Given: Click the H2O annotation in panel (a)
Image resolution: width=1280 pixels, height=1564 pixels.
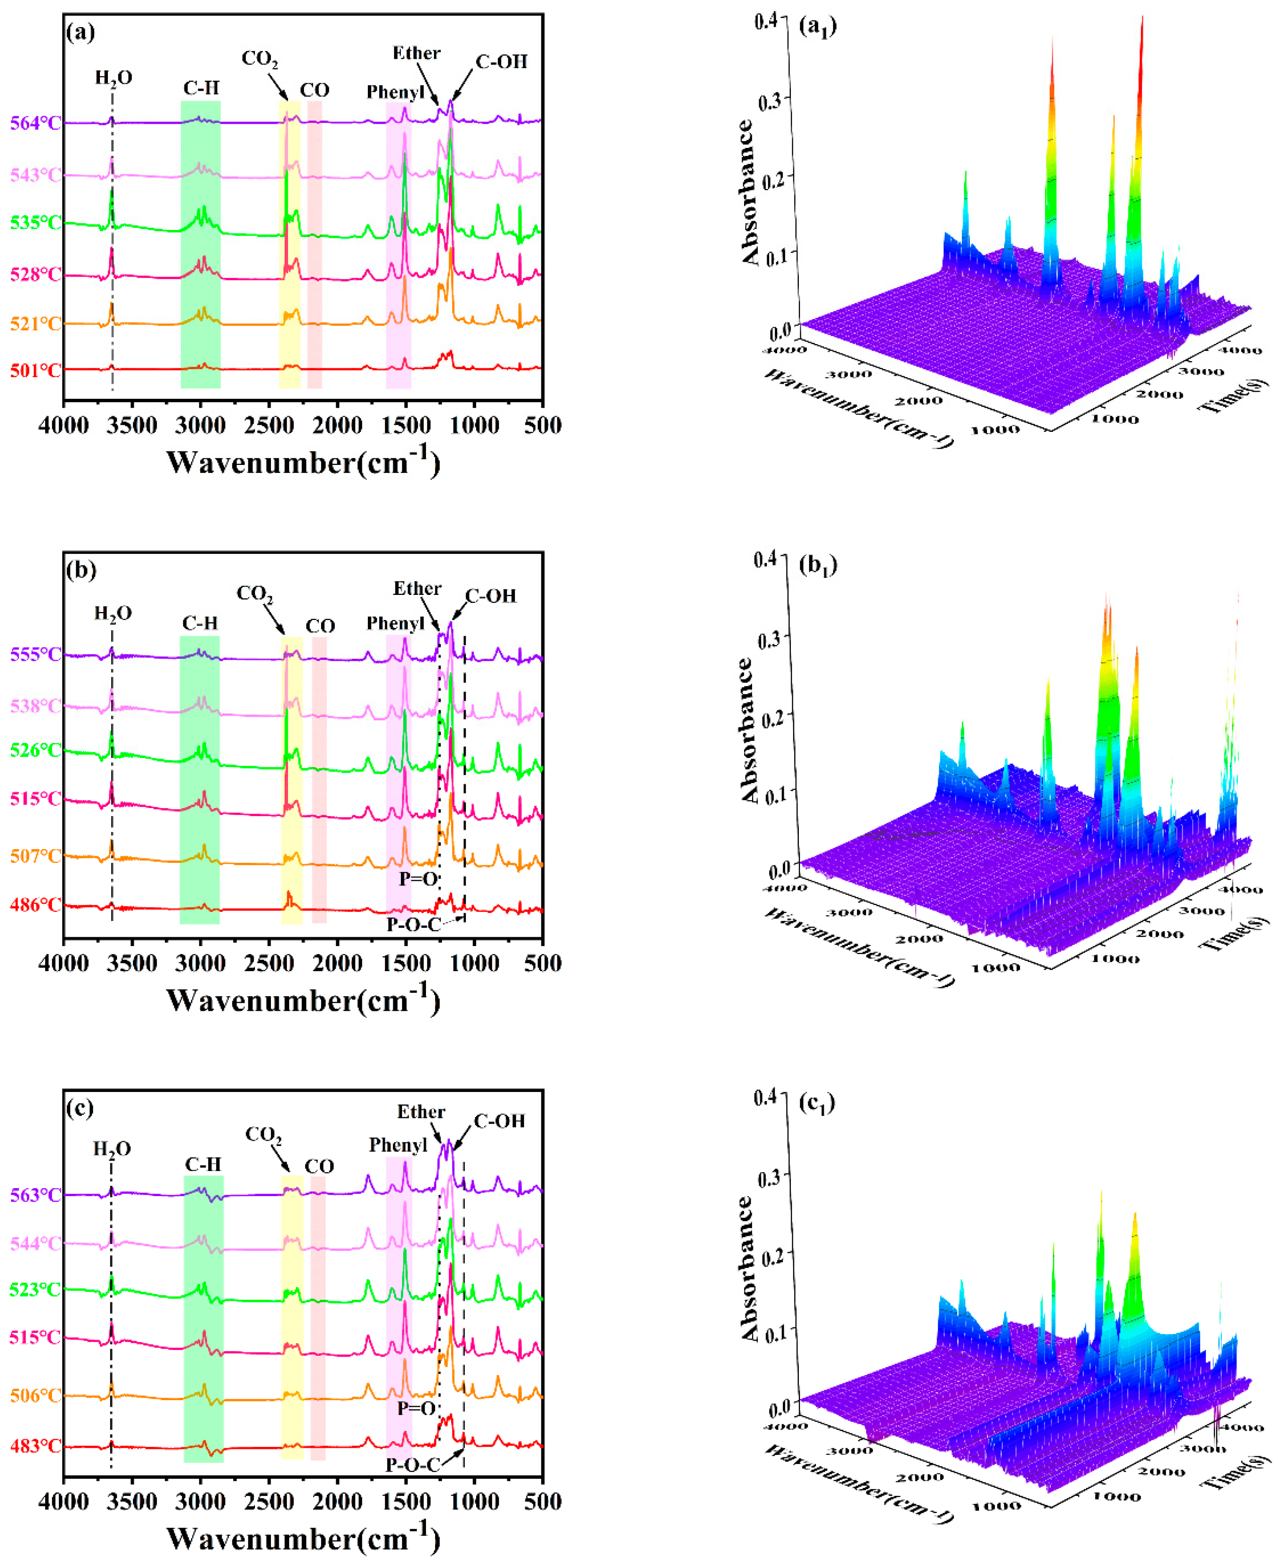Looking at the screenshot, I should pyautogui.click(x=114, y=77).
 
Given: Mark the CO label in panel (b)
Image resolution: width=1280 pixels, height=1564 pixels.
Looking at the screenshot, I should pyautogui.click(x=320, y=626).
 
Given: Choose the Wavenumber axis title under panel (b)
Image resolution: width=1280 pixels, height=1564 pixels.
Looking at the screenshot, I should pyautogui.click(x=303, y=1000).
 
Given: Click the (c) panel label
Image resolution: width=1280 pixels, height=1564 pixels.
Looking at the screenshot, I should pyautogui.click(x=79, y=1108).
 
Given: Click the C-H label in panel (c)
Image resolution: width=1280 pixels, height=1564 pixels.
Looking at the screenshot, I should pyautogui.click(x=203, y=1164).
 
